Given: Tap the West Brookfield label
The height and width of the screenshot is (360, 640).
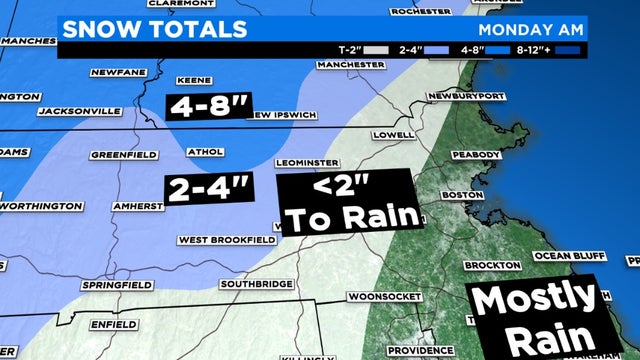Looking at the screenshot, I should click(227, 240).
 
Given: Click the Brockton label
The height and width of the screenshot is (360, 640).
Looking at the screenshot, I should click(491, 265).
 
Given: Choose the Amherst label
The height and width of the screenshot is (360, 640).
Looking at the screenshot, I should click(137, 207).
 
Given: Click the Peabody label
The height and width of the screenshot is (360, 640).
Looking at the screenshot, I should click(474, 155).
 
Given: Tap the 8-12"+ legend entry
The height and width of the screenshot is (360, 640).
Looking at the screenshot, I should click(544, 47).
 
